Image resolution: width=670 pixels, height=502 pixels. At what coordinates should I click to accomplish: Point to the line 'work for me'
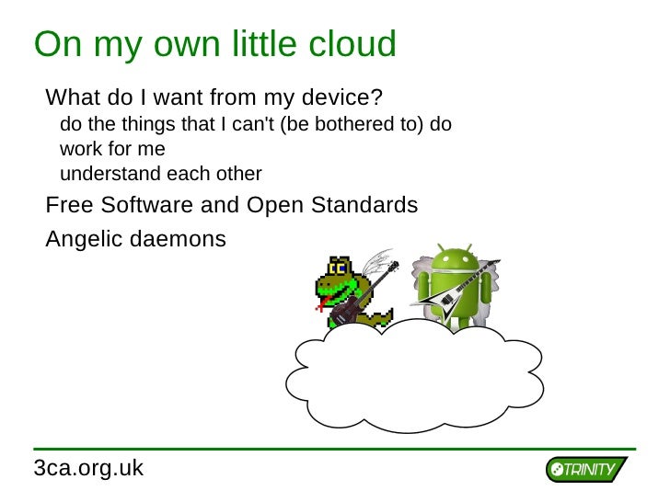(x=112, y=148)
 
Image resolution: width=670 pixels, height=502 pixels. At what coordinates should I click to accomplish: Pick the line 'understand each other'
(x=160, y=174)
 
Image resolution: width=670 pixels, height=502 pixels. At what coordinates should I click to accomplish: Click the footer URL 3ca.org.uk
(x=88, y=468)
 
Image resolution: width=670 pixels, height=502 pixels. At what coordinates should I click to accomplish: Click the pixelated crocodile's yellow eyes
(x=340, y=268)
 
